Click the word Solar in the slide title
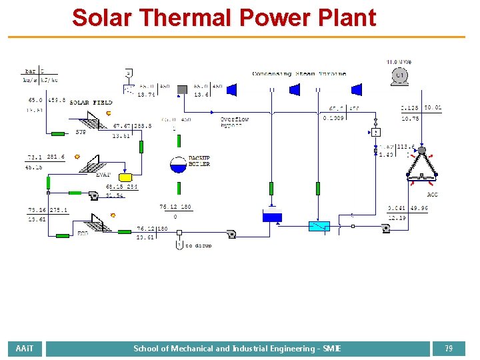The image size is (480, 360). (x=102, y=17)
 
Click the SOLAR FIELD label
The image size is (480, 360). (x=91, y=103)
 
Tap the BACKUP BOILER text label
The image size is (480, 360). (x=199, y=161)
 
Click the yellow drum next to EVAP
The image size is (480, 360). (x=125, y=177)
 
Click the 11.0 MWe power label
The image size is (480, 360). (x=399, y=62)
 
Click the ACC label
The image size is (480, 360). (x=433, y=195)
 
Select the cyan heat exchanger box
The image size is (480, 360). (x=319, y=226)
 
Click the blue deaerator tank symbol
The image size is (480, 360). (x=272, y=215)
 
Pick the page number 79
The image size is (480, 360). (x=449, y=349)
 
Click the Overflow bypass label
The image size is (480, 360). (x=235, y=122)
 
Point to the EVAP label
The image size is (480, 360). (x=103, y=175)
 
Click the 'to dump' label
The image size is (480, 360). (x=199, y=246)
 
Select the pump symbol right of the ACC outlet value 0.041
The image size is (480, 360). (x=385, y=229)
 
